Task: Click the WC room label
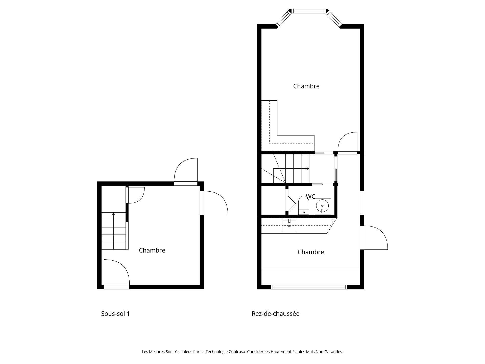click(310, 196)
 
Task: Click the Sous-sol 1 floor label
click(115, 314)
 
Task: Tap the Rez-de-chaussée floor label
click(275, 314)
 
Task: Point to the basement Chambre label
click(152, 250)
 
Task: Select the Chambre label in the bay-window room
click(306, 86)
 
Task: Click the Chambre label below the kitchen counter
click(310, 252)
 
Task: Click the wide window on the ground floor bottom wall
click(309, 287)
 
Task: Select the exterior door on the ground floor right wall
click(374, 238)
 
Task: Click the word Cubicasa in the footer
click(237, 352)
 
